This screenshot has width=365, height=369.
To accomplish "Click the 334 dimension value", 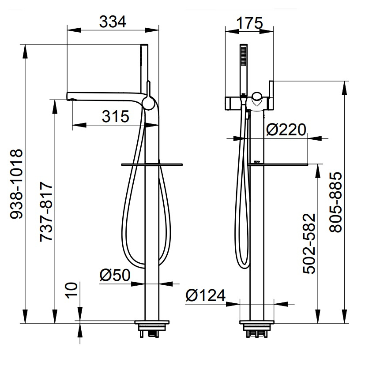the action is pos(113,22).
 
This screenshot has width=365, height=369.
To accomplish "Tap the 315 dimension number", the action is pos(116,116).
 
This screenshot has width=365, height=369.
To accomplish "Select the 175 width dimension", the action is pos(249,23).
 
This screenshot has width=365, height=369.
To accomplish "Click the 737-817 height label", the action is pos(46,211).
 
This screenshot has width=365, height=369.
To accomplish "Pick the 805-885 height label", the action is pos(335,202).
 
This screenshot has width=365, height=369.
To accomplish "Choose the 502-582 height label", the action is pos(309,243).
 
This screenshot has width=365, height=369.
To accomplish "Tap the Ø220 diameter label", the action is pos(286,130).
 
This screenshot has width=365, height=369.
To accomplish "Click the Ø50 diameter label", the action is pos(115,275).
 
